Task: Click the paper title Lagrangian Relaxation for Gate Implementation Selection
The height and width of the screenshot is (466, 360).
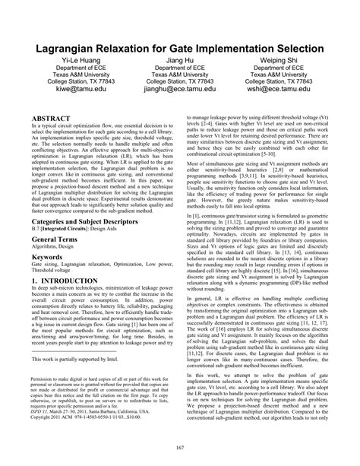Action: [179, 49]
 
